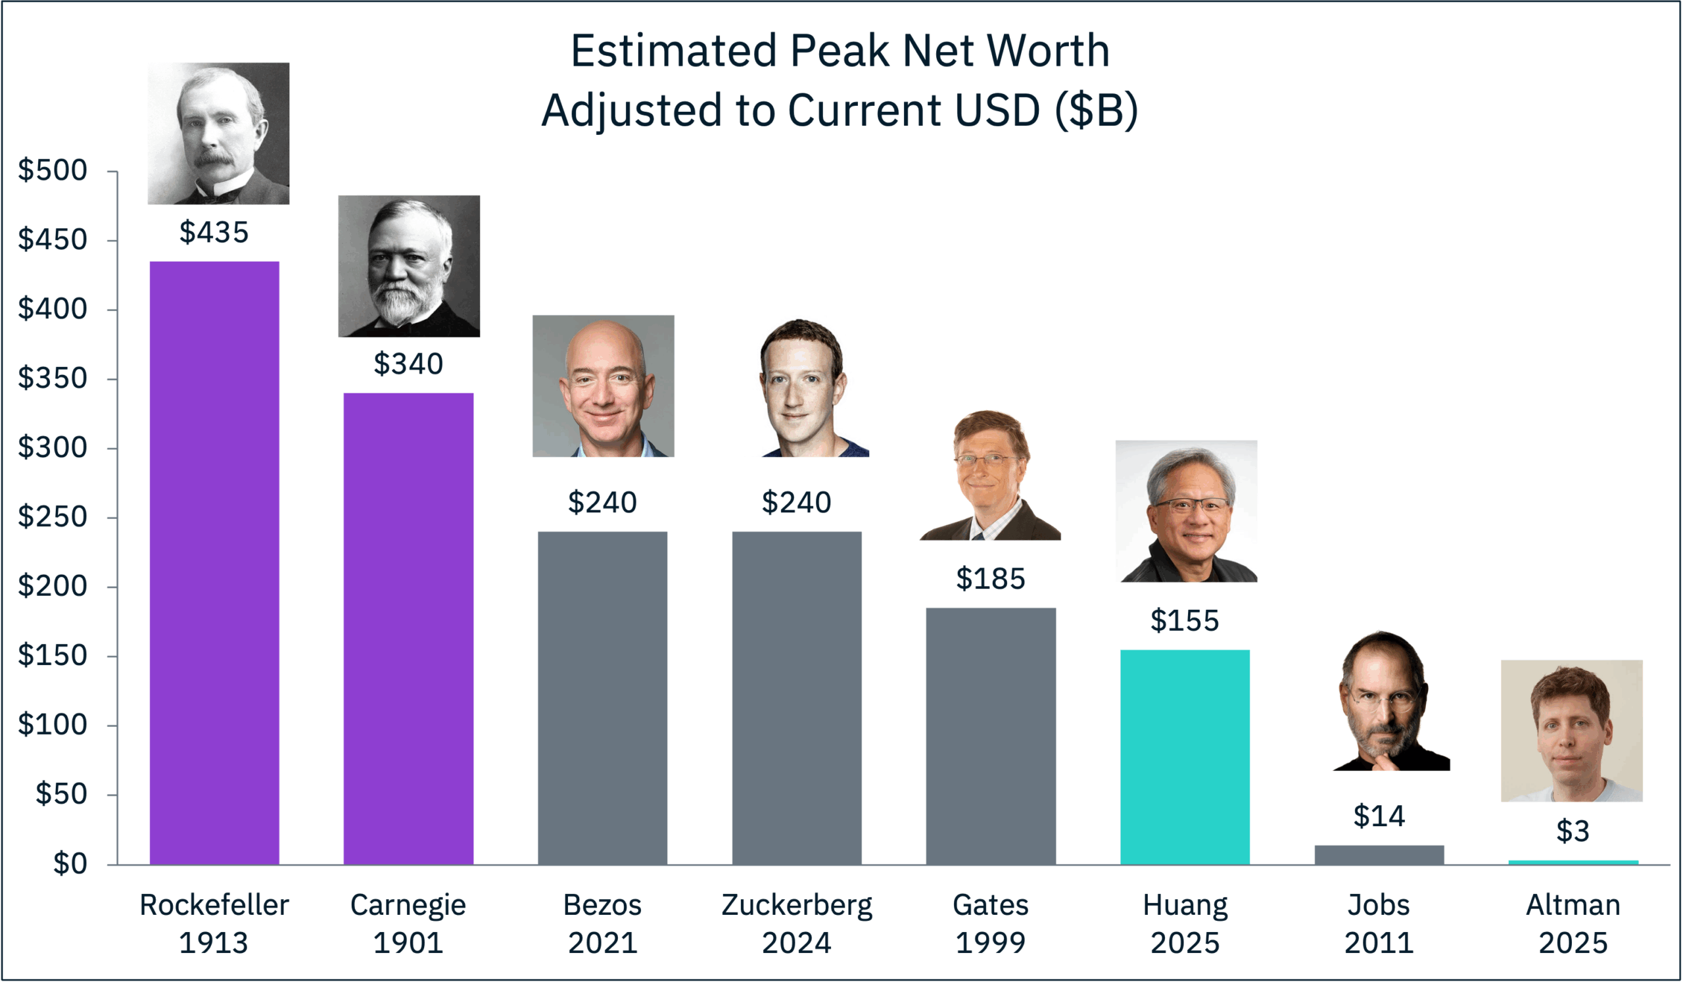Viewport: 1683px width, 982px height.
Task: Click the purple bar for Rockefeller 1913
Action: click(x=214, y=562)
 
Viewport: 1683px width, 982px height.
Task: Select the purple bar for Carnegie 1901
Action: click(x=408, y=628)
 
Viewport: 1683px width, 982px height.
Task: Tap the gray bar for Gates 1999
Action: click(x=991, y=735)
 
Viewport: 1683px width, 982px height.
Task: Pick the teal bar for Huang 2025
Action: click(x=1185, y=757)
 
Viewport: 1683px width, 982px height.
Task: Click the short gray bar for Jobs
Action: click(x=1379, y=854)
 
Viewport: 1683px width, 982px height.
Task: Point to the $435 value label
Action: click(x=214, y=232)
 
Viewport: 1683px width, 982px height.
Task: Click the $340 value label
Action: click(x=408, y=364)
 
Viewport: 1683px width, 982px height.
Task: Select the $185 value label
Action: click(x=991, y=579)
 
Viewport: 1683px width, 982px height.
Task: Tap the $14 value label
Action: click(x=1379, y=816)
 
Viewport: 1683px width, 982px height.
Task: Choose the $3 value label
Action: click(x=1573, y=831)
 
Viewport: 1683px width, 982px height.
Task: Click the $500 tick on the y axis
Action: click(x=52, y=170)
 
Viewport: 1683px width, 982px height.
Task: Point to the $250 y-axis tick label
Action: click(x=52, y=517)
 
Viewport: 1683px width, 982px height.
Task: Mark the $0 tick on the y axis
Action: click(x=70, y=864)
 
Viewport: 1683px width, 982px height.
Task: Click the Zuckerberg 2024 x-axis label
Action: click(x=797, y=924)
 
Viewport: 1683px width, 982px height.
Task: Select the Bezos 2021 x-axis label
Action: click(x=602, y=924)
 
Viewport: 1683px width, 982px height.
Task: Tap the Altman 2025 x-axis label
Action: click(x=1573, y=924)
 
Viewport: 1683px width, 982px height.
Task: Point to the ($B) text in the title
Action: click(x=1096, y=110)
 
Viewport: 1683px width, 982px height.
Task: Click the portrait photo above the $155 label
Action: click(x=1186, y=511)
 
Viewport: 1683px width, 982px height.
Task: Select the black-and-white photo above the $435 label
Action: click(x=218, y=134)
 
